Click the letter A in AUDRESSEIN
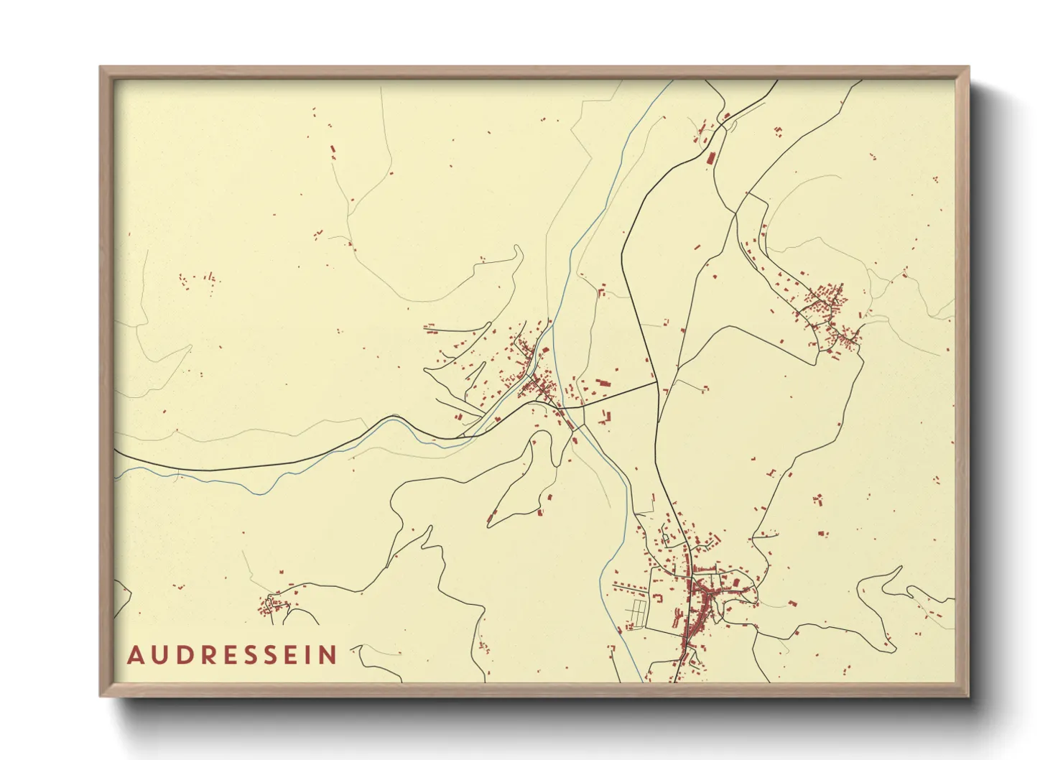coord(135,655)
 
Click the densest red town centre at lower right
coord(700,595)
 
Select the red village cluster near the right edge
coord(826,312)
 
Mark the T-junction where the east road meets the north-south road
coord(656,383)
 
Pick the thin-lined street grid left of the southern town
coord(637,613)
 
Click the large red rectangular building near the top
coord(711,158)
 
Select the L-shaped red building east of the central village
coord(606,417)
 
